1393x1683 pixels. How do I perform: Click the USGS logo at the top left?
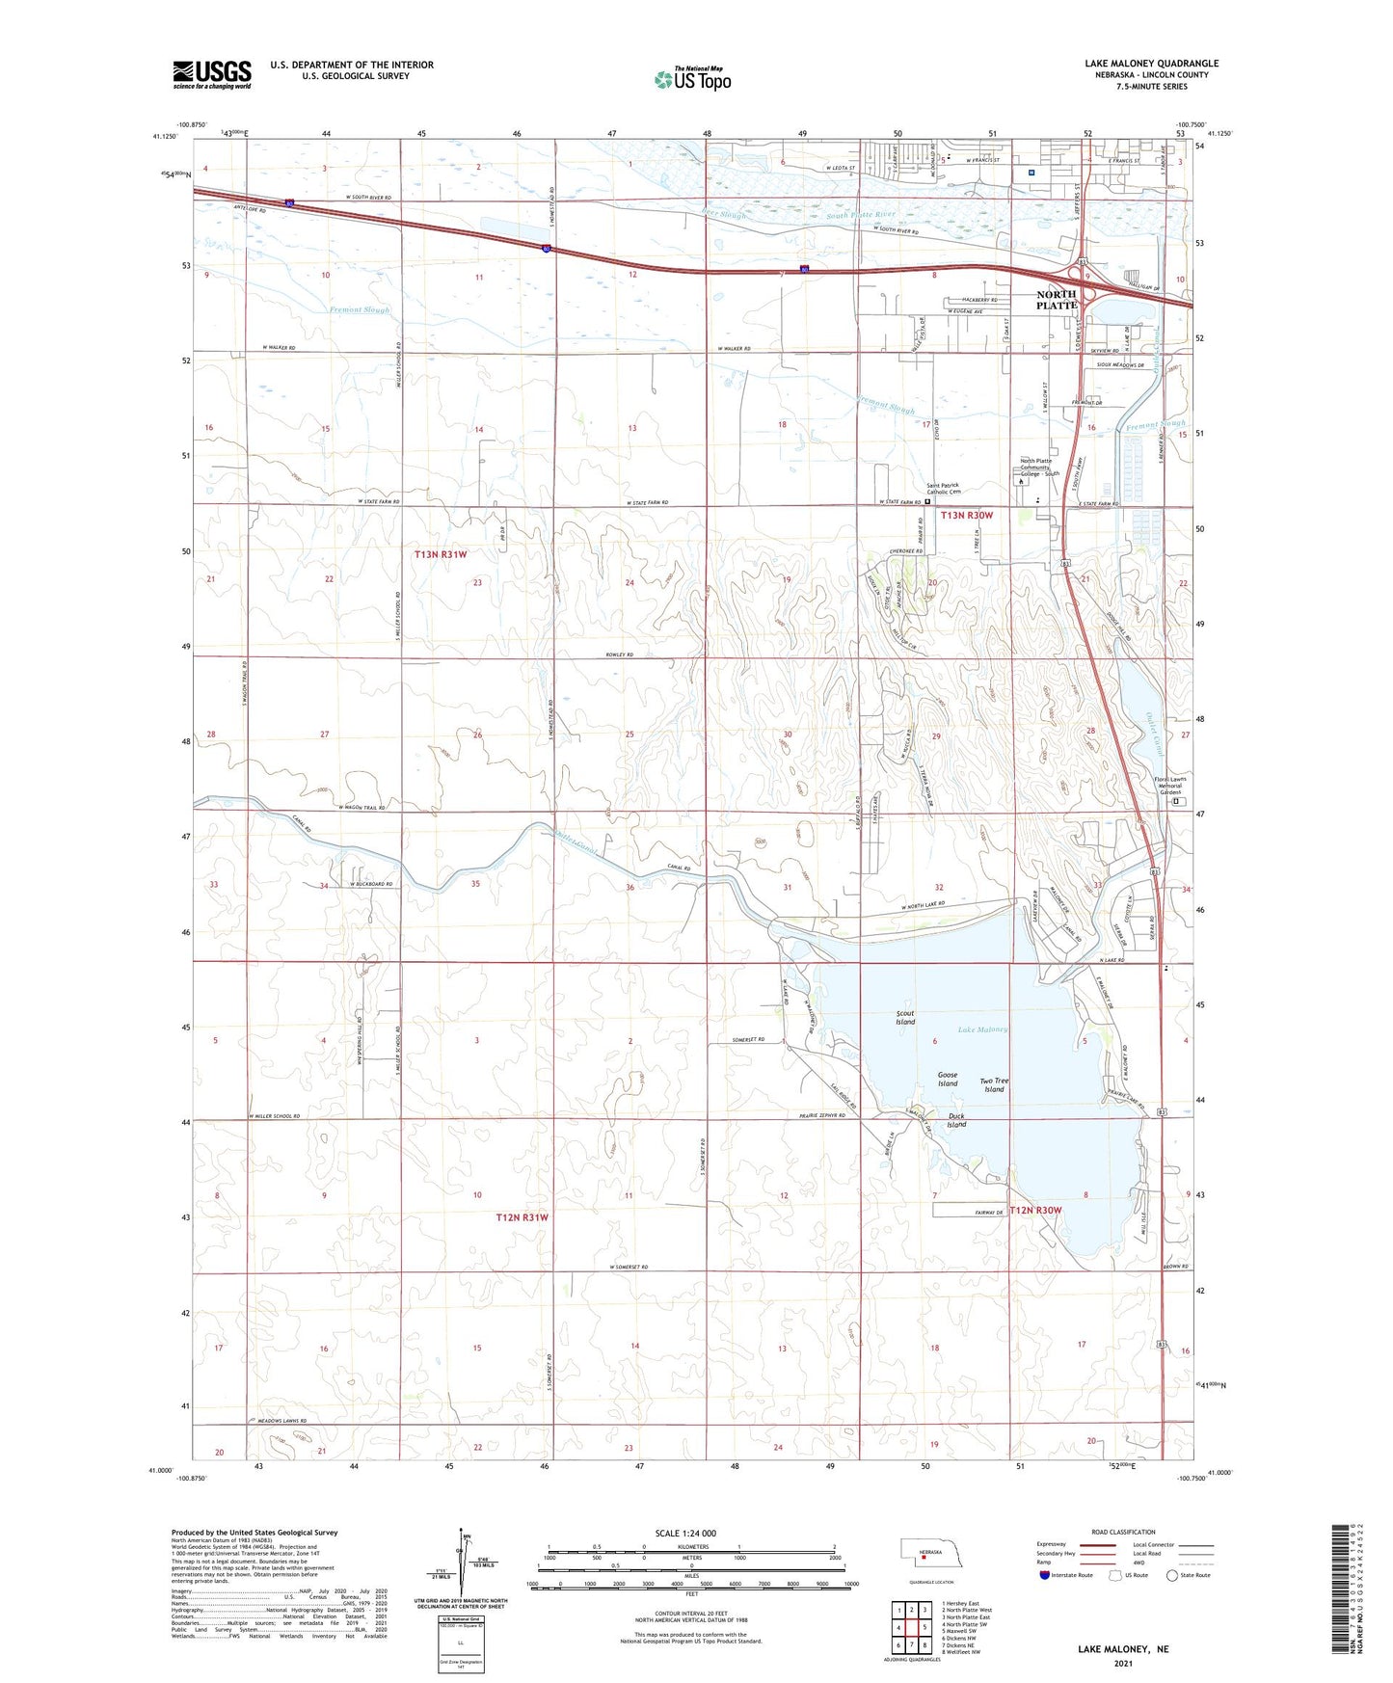coord(212,74)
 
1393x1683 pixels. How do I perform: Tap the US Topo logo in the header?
coord(692,78)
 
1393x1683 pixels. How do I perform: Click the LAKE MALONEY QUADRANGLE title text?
coord(1151,64)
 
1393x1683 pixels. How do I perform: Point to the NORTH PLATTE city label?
coord(1056,300)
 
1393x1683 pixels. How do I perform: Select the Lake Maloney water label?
coord(982,1029)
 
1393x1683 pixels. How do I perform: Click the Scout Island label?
coord(905,1018)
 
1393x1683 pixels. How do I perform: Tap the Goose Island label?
coord(948,1080)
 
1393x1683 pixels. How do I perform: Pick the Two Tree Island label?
coord(994,1085)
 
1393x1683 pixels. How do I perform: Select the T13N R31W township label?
coord(441,554)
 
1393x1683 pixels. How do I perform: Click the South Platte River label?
coord(861,214)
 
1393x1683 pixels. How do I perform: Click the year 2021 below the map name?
coord(1123,1663)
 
